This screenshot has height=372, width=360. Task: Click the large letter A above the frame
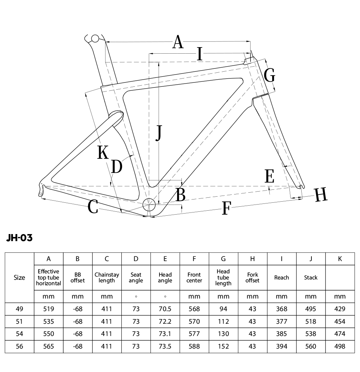pyautogui.click(x=178, y=42)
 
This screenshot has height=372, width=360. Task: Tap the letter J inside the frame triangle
pyautogui.click(x=159, y=133)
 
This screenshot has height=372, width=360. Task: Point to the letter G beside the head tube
pyautogui.click(x=270, y=75)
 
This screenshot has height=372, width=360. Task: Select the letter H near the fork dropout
pyautogui.click(x=321, y=194)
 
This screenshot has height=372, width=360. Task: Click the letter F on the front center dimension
pyautogui.click(x=226, y=208)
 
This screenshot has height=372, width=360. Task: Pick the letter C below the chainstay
pyautogui.click(x=93, y=206)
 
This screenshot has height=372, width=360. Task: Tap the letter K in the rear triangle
pyautogui.click(x=103, y=152)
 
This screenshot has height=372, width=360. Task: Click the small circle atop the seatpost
pyautogui.click(x=95, y=39)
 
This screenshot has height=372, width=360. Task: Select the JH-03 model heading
pyautogui.click(x=19, y=237)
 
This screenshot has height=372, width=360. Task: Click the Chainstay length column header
pyautogui.click(x=107, y=278)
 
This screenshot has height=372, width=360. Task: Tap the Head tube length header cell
pyautogui.click(x=223, y=277)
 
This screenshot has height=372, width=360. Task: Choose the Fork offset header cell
pyautogui.click(x=252, y=278)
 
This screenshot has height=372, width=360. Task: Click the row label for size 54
pyautogui.click(x=19, y=334)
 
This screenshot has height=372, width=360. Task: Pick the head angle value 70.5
pyautogui.click(x=165, y=309)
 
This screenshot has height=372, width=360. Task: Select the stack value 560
pyautogui.click(x=311, y=346)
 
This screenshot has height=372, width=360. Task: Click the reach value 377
pyautogui.click(x=282, y=322)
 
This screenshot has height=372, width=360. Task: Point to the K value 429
pyautogui.click(x=340, y=309)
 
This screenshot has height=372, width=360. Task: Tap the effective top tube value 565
pyautogui.click(x=49, y=346)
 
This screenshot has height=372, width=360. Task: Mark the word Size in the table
pyautogui.click(x=19, y=278)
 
